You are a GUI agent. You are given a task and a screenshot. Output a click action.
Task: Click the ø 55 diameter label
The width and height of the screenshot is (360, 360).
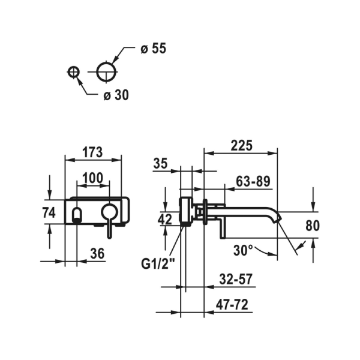click(153, 49)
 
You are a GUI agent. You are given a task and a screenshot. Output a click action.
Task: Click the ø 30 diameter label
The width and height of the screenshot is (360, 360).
click(116, 95)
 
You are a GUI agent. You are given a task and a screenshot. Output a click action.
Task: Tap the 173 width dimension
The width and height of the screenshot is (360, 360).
click(92, 152)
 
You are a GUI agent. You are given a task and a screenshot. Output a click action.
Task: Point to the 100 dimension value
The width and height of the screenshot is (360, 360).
click(92, 178)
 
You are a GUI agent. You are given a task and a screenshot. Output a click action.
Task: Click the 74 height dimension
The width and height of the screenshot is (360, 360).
click(49, 212)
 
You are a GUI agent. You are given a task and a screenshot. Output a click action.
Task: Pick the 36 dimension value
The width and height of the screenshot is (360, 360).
click(97, 254)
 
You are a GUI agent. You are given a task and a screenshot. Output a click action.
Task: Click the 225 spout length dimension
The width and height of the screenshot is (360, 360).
click(242, 146)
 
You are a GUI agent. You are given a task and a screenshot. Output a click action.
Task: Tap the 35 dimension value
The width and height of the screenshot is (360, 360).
click(160, 164)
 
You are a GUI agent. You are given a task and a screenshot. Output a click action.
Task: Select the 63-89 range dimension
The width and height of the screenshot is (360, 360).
click(253, 182)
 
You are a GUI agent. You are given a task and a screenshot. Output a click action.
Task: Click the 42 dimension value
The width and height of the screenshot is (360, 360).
click(165, 220)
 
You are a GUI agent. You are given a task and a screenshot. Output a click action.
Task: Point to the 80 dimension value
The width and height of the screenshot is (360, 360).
click(313, 226)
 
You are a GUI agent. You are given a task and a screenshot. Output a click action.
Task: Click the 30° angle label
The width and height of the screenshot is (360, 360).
click(243, 250)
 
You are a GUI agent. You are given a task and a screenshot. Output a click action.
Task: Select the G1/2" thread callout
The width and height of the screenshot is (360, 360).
click(158, 264)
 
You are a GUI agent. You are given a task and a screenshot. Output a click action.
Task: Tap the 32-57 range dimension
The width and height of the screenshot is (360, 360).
click(236, 279)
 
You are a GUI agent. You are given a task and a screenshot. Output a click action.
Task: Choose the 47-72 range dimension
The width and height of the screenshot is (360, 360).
click(232, 305)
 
